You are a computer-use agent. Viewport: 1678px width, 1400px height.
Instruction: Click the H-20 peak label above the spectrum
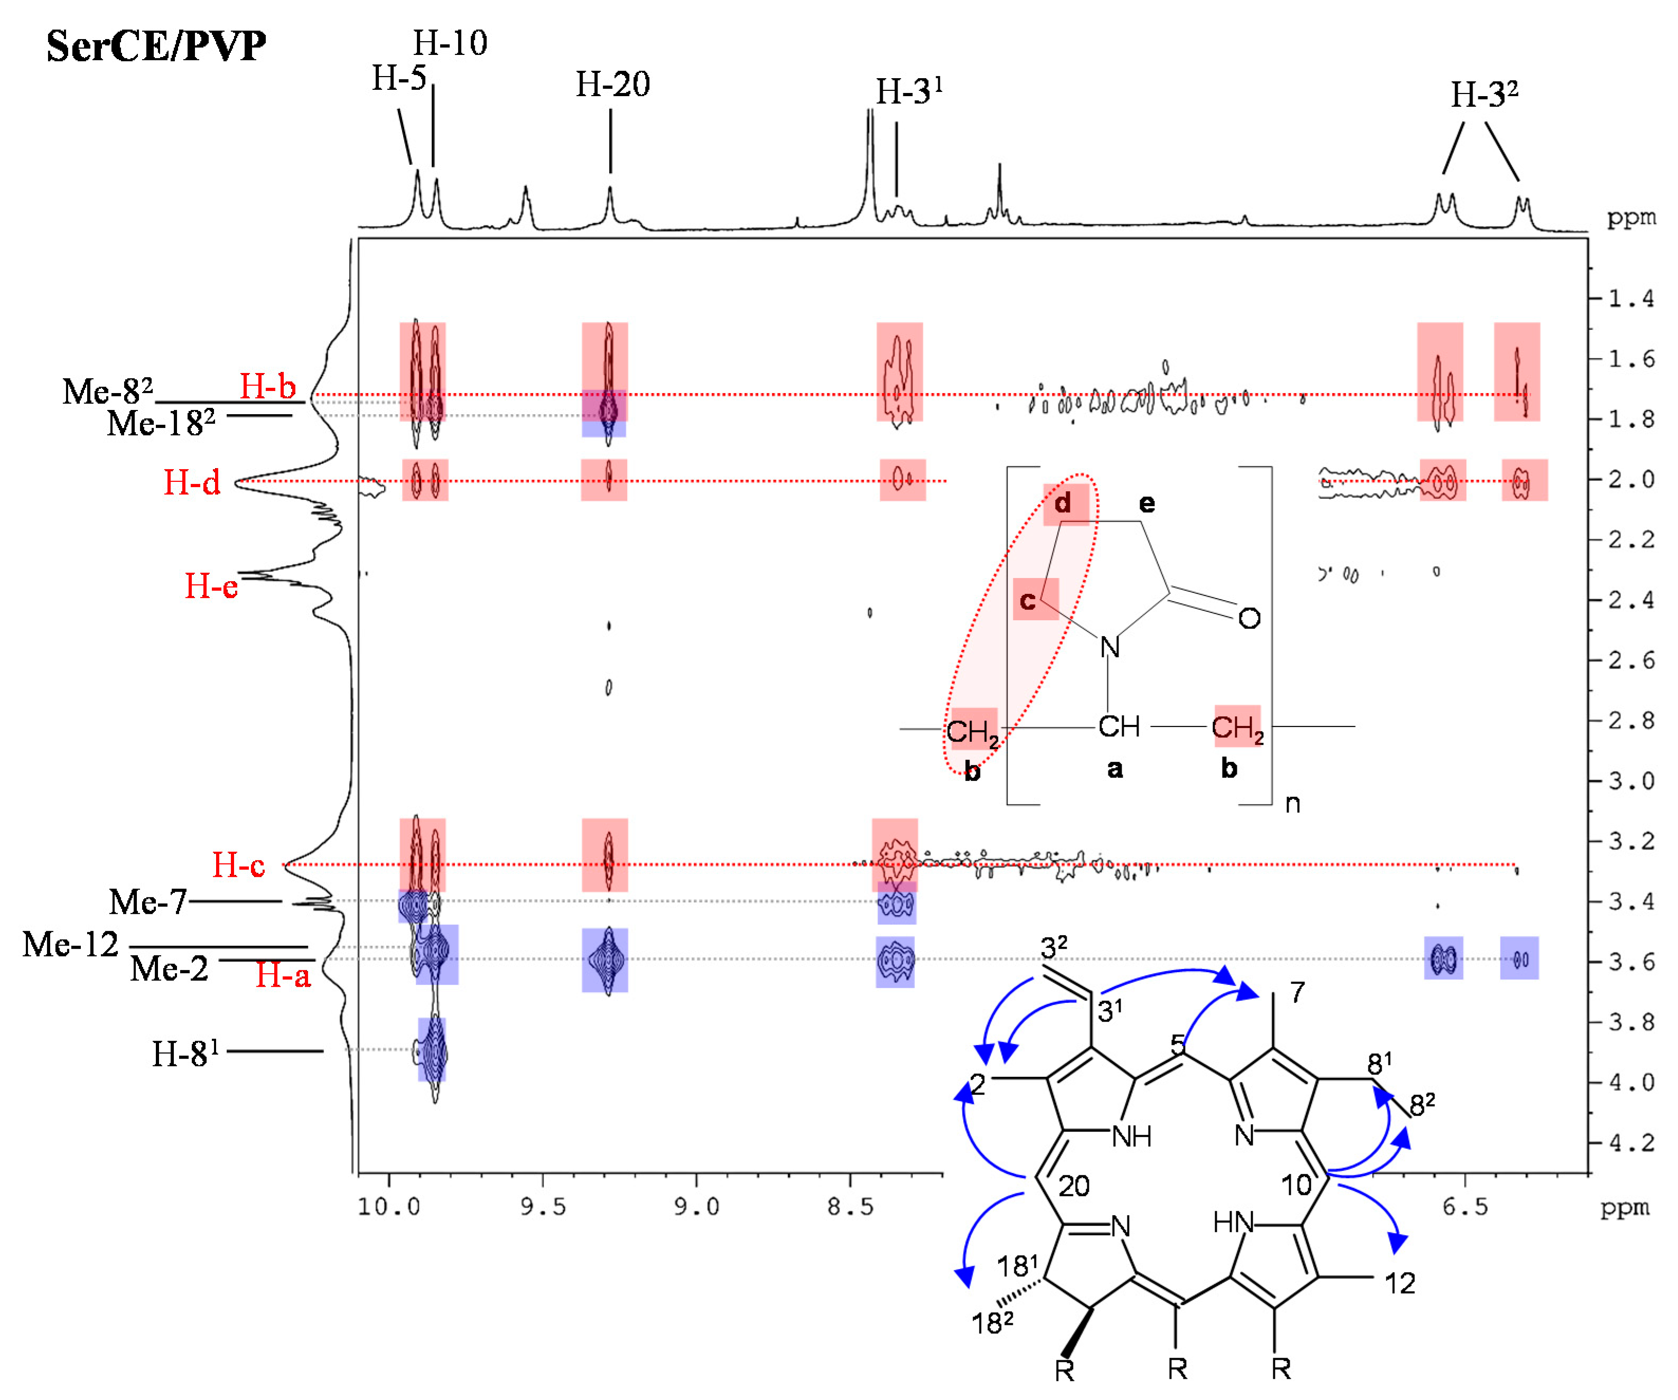(613, 84)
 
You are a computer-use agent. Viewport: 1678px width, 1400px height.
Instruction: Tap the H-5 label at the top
(399, 78)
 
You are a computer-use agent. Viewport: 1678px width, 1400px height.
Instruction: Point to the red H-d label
(192, 483)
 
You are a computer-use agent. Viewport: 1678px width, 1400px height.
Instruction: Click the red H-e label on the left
(211, 586)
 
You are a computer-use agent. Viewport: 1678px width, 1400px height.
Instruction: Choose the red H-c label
(238, 865)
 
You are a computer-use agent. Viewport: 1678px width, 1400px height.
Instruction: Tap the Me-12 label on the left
(70, 945)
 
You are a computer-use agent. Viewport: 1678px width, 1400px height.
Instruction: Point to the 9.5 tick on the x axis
(543, 1207)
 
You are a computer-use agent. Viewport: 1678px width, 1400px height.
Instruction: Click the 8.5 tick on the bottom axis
(850, 1207)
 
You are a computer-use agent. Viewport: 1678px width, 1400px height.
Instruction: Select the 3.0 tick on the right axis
(1630, 781)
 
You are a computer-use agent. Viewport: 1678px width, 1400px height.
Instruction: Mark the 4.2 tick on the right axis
(1630, 1143)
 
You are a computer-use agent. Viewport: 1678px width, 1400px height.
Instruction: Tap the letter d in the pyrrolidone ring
(1062, 503)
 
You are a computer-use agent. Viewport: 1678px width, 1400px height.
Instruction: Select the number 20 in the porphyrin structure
(1074, 1187)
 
